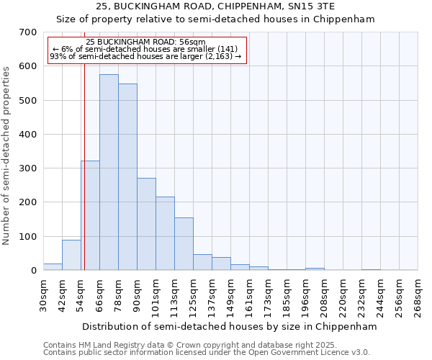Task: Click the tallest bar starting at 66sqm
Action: pyautogui.click(x=109, y=173)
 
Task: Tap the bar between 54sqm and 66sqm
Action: pyautogui.click(x=91, y=216)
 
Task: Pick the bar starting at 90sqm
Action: pyautogui.click(x=146, y=224)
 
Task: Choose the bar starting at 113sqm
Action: pyautogui.click(x=184, y=244)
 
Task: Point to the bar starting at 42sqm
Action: pyautogui.click(x=71, y=255)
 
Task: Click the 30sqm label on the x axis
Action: pyautogui.click(x=43, y=296)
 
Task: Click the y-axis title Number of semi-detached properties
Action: pyautogui.click(x=7, y=155)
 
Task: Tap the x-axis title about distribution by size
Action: pyautogui.click(x=230, y=326)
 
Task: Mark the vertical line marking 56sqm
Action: pyautogui.click(x=84, y=180)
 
